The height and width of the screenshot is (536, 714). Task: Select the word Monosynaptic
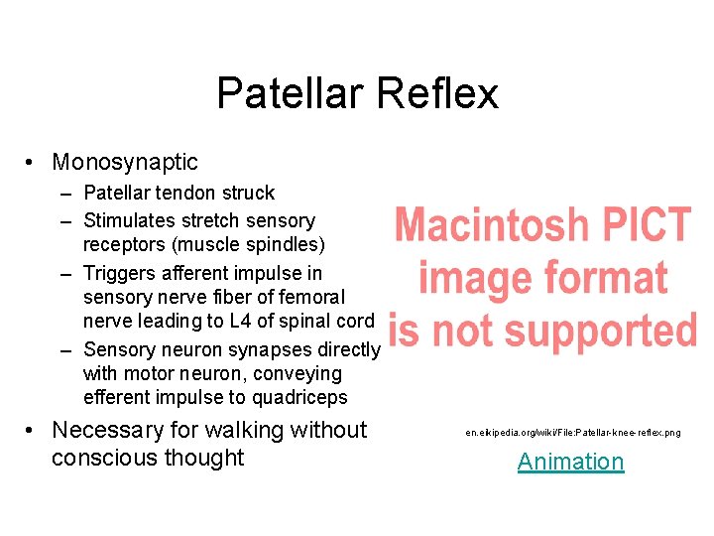pos(125,162)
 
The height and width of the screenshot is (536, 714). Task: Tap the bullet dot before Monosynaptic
pos(33,163)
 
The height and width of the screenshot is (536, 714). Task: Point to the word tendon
pos(185,193)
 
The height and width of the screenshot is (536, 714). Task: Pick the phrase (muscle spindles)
pos(252,244)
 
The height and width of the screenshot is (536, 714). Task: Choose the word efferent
pos(117,397)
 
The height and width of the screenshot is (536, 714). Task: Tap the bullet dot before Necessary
pos(33,432)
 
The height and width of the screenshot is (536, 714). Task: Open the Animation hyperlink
pos(570,462)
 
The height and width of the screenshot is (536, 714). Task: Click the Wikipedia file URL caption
pos(573,432)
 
